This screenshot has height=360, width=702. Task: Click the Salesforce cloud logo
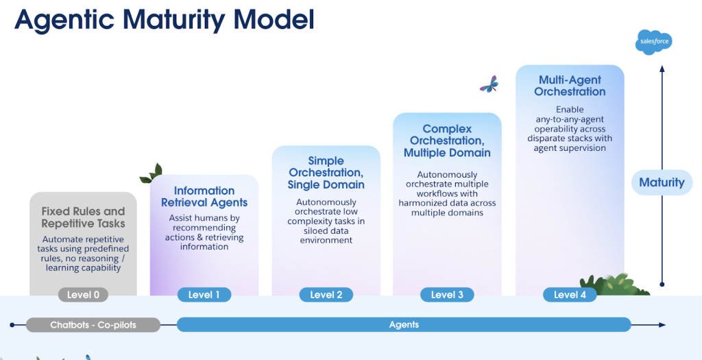[653, 42]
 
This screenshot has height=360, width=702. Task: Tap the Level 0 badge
[83, 295]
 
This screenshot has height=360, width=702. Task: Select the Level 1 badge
[204, 295]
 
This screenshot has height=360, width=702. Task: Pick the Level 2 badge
[326, 295]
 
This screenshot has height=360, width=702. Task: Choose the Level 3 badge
[447, 295]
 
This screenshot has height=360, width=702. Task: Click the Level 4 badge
[570, 295]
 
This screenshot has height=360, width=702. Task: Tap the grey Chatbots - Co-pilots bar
[93, 324]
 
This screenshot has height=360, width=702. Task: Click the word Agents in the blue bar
[404, 324]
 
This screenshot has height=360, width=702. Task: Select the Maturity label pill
[662, 182]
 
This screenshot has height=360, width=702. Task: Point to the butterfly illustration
[489, 84]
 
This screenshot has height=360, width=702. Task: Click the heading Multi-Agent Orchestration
[570, 86]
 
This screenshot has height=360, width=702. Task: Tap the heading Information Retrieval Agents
[204, 197]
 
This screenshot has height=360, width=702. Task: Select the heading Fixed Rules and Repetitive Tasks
[83, 217]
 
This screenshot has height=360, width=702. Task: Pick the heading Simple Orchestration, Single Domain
[326, 172]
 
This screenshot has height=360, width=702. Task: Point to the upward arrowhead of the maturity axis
[662, 69]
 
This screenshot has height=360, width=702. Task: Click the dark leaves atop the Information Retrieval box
[151, 173]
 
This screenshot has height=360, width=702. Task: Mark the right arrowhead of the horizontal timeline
[662, 324]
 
